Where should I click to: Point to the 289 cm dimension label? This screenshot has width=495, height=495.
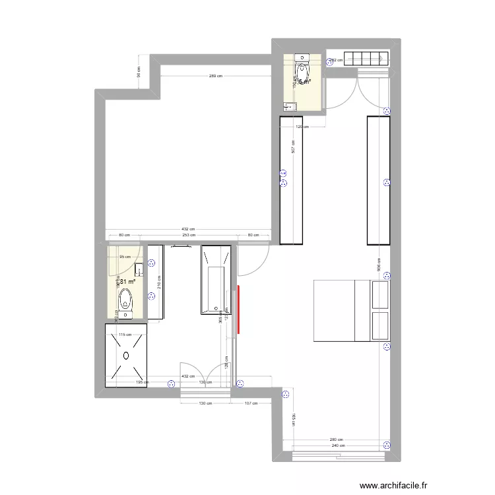(x=215, y=77)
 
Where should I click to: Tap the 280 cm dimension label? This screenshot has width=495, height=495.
(x=336, y=440)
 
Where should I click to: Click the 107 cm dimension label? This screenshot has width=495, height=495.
(x=251, y=403)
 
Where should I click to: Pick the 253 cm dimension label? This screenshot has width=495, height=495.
(x=187, y=234)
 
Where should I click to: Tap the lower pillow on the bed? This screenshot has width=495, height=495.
(x=381, y=326)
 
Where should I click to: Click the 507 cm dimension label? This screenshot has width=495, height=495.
(x=292, y=148)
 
